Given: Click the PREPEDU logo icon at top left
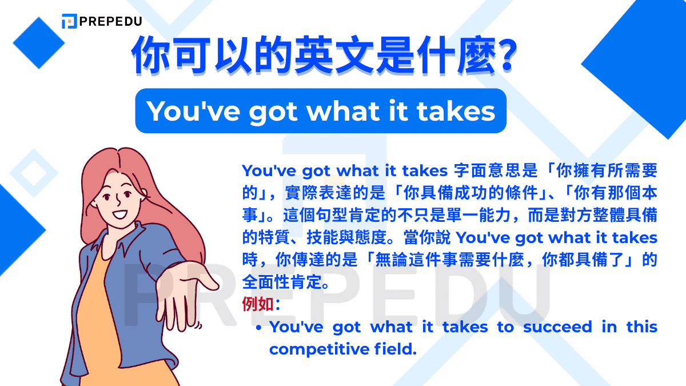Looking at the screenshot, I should point(69,21).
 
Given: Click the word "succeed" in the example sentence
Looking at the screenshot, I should point(555,327).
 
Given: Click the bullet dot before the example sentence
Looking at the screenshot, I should point(260,328).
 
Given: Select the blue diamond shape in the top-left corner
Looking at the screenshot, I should point(39,42).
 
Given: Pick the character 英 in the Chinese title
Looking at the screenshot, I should point(317,57).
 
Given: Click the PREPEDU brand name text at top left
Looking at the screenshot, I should point(111,22).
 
